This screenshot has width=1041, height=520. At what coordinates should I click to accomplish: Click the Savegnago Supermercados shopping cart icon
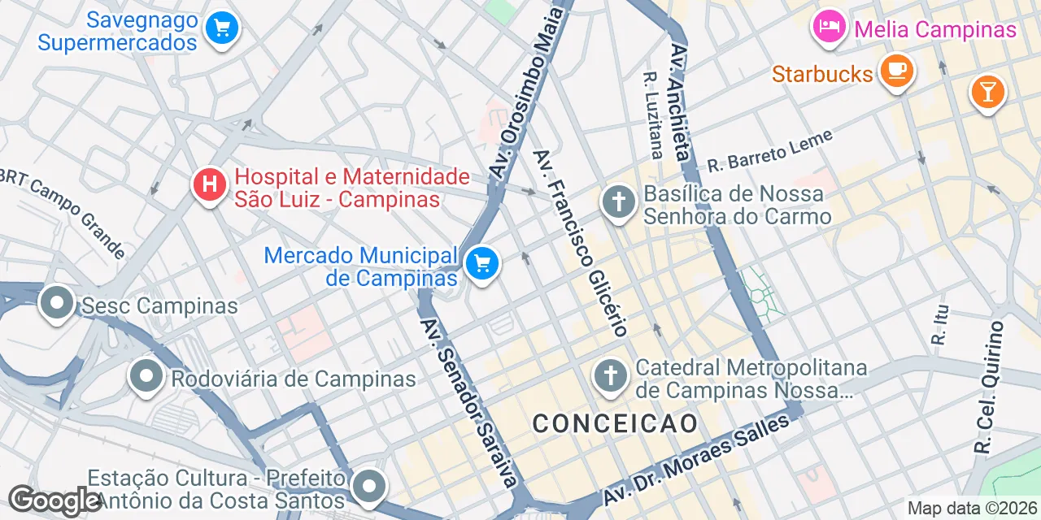pos(220,28)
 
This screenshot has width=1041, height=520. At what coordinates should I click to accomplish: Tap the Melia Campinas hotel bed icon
pos(829,28)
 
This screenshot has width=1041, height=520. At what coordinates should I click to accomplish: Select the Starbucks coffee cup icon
pos(897,71)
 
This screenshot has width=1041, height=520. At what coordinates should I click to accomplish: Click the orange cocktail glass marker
pos(987,92)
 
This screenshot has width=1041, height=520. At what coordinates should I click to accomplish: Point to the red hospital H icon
pos(209,184)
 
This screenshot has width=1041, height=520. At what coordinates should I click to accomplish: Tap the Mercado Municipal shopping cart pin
pos(482,264)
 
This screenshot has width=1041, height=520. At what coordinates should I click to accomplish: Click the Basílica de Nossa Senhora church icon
pos(618,202)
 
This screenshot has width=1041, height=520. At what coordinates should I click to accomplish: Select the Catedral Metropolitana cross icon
pos(611,376)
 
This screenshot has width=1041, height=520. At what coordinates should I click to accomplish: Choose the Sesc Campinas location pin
pos(56,304)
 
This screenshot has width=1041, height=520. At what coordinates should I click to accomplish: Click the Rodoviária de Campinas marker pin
pos(146,376)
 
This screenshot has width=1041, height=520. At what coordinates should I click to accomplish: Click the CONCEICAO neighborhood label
pos(615,423)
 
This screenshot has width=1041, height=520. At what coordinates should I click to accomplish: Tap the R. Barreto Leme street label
pos(770,151)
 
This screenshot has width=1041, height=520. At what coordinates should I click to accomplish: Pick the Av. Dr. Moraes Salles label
pos(696,461)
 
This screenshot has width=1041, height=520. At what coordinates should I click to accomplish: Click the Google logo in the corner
pos(54,501)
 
